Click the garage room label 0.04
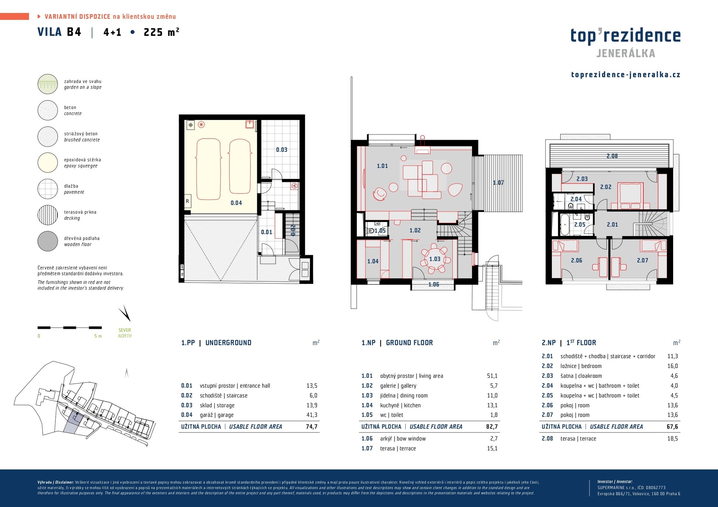click(236, 203)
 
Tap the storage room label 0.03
click(282, 150)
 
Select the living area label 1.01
click(382, 166)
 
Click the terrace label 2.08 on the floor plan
click(612, 156)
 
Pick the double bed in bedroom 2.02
click(630, 196)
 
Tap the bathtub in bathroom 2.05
click(564, 224)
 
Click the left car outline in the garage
click(208, 169)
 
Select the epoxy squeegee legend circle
click(47, 163)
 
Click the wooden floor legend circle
click(47, 241)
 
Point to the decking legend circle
click(47, 215)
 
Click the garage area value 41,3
click(312, 415)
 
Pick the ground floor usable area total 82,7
click(492, 427)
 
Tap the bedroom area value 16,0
click(672, 366)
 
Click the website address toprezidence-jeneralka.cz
click(626, 75)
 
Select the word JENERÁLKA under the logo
click(626, 53)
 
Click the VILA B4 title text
click(59, 32)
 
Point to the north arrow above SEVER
click(125, 313)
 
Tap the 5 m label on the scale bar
click(98, 336)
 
